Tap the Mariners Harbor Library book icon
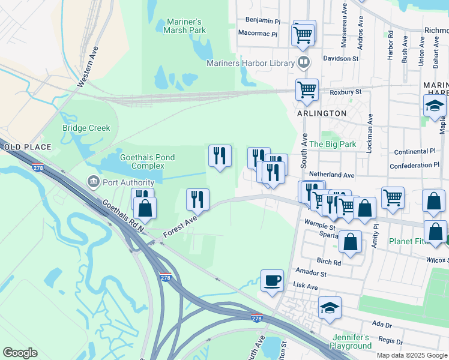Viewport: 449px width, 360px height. tap(304, 62)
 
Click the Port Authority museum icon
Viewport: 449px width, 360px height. tap(93, 181)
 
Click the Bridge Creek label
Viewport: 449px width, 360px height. tap(86, 128)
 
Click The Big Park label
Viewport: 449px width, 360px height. tap(333, 145)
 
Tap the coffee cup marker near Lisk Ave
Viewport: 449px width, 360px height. tap(272, 280)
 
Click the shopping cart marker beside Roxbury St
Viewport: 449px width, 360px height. tap(307, 90)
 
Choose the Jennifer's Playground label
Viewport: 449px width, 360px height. tap(351, 342)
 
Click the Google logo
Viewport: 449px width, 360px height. tap(20, 353)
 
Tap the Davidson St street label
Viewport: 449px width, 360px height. tap(340, 59)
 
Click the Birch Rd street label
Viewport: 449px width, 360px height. tap(328, 262)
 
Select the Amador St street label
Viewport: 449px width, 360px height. tap(311, 273)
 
